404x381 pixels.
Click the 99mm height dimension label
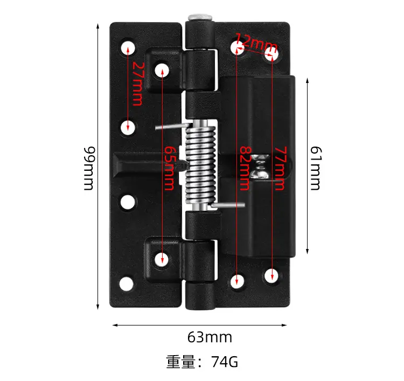89,168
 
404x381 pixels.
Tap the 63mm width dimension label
210,337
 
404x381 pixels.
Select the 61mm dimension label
315,168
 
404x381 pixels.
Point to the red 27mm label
137,84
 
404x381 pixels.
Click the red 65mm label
169,168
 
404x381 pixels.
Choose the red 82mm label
245,168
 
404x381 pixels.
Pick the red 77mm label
280,168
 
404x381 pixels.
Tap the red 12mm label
256,43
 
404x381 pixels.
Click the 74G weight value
225,362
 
